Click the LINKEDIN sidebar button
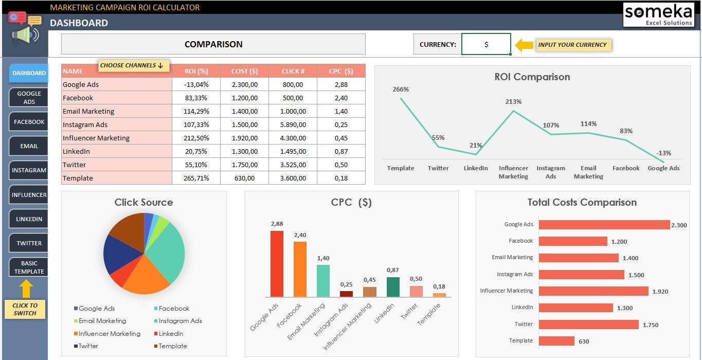point(29,219)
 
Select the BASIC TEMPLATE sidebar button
point(29,267)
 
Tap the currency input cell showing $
point(486,44)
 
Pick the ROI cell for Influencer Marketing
point(196,138)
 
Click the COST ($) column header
point(244,71)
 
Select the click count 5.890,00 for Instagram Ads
point(293,124)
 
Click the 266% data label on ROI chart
point(401,89)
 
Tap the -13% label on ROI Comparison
point(663,153)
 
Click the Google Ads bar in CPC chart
point(277,264)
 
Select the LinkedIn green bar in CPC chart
point(393,287)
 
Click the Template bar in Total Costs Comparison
point(556,341)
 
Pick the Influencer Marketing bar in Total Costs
point(593,291)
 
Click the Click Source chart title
point(143,202)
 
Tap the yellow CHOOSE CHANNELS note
point(131,65)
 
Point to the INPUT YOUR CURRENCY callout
point(572,45)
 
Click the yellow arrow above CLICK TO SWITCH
point(26,289)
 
